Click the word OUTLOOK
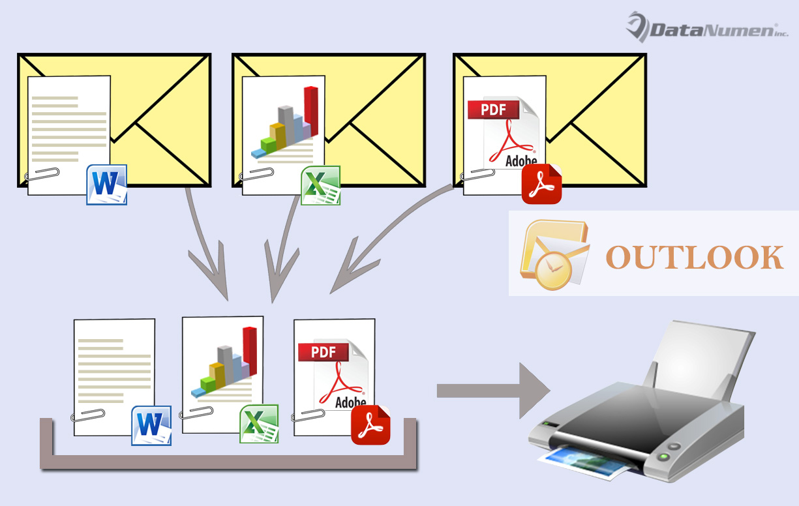[x=695, y=257]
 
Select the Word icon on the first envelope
[x=106, y=185]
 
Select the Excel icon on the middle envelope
[x=320, y=186]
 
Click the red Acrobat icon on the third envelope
[x=541, y=185]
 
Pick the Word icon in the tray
[x=151, y=425]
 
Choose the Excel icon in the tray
[x=259, y=424]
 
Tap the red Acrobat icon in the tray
[x=370, y=425]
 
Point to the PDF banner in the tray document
[x=324, y=352]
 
